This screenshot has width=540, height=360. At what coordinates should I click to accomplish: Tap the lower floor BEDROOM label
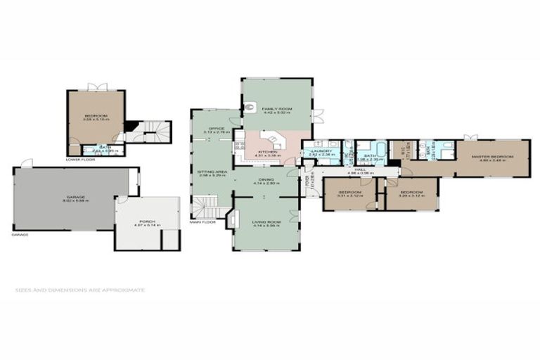click(94, 117)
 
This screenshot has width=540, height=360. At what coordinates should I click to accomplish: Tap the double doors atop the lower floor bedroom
click(96, 87)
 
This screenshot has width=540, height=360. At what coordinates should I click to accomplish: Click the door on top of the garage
click(26, 163)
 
